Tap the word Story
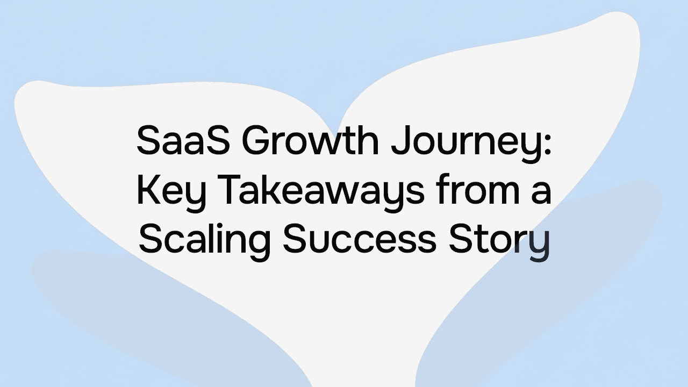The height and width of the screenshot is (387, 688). (x=499, y=240)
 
